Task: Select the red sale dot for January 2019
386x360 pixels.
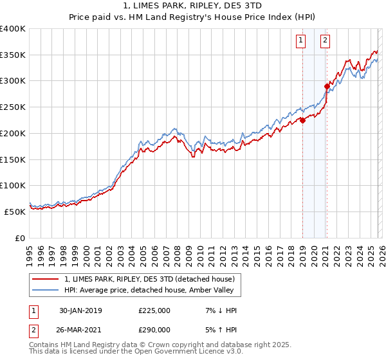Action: [302, 120]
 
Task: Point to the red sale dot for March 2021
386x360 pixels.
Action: [327, 86]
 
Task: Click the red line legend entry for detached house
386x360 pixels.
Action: [152, 279]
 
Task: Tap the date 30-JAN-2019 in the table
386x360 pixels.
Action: [80, 310]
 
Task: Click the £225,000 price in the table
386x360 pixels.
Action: [154, 310]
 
